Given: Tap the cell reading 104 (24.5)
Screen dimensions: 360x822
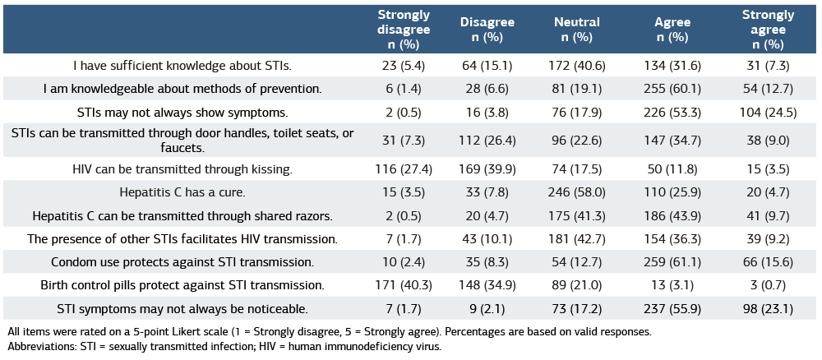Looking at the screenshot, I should [x=768, y=112].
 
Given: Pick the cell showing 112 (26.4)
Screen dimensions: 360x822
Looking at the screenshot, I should [x=487, y=141].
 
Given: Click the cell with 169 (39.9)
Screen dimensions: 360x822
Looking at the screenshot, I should [x=487, y=169].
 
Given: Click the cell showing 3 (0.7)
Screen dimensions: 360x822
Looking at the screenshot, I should [x=768, y=285].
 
